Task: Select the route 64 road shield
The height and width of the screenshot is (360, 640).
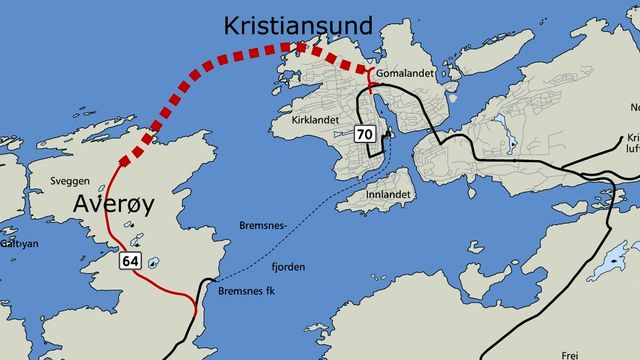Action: click(129, 260)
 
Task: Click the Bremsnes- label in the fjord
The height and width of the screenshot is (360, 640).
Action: click(263, 225)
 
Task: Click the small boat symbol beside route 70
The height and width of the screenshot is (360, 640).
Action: click(388, 133)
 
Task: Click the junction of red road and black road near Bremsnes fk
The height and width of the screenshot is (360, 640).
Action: click(195, 297)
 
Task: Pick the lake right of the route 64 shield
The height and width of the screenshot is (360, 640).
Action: click(152, 263)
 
